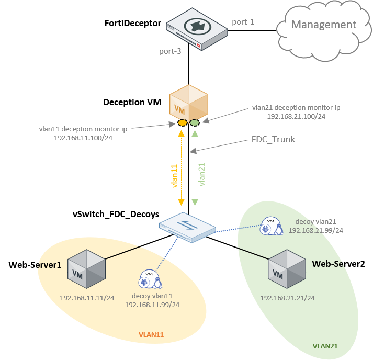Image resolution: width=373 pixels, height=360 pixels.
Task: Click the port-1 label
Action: (x=243, y=22)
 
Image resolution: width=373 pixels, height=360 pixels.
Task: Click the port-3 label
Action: (x=170, y=51)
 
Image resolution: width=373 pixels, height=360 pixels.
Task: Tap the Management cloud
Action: (x=323, y=25)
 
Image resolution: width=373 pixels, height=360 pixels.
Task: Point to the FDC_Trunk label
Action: (x=273, y=140)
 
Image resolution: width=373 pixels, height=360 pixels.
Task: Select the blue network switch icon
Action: (x=187, y=227)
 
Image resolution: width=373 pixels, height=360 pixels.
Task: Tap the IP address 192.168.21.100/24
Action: (x=296, y=116)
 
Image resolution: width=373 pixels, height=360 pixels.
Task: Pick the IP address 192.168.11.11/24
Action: (x=87, y=298)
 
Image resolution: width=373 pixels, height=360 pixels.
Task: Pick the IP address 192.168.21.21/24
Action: (x=288, y=298)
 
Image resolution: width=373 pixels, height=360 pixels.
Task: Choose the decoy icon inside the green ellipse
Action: (x=271, y=226)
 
